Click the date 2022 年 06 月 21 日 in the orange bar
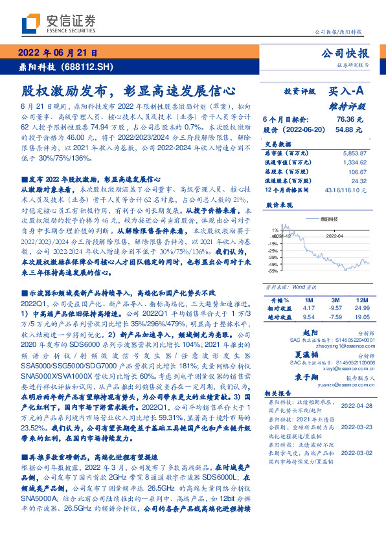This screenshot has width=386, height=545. [x=59, y=53]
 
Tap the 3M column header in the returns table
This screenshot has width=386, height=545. [x=336, y=300]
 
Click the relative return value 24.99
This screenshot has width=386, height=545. [x=361, y=309]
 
